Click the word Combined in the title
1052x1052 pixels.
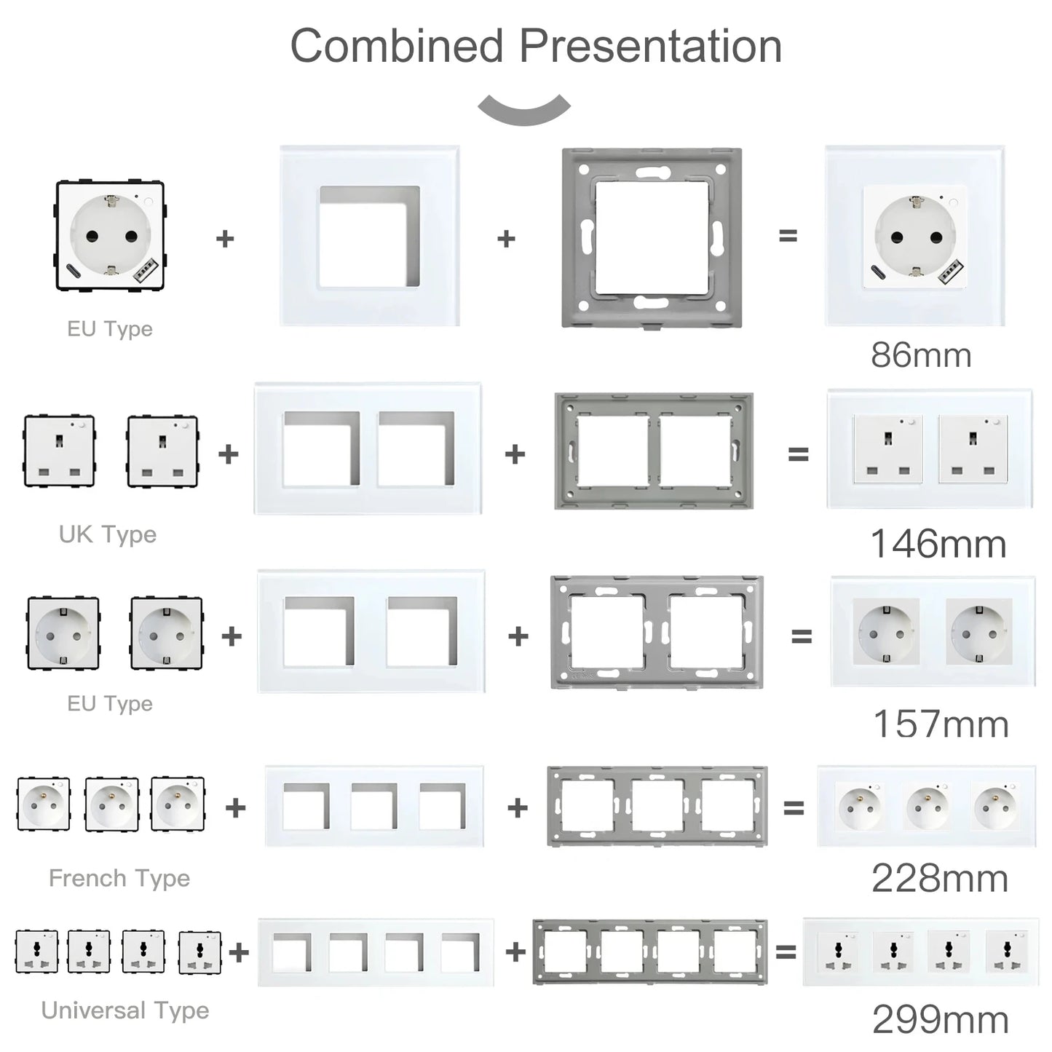click(397, 46)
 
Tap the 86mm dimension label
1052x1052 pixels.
click(921, 355)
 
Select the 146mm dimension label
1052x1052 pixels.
click(938, 544)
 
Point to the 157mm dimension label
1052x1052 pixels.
click(941, 724)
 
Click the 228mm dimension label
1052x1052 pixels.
click(940, 879)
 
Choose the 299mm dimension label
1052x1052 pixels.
click(941, 1019)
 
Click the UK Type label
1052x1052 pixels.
click(108, 534)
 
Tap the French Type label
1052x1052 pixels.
click(119, 878)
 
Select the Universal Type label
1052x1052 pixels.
click(125, 1011)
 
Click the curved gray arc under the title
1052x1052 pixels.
click(524, 111)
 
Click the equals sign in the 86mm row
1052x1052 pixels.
click(788, 236)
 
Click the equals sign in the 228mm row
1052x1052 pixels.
click(794, 807)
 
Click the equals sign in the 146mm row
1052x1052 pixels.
click(798, 454)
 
